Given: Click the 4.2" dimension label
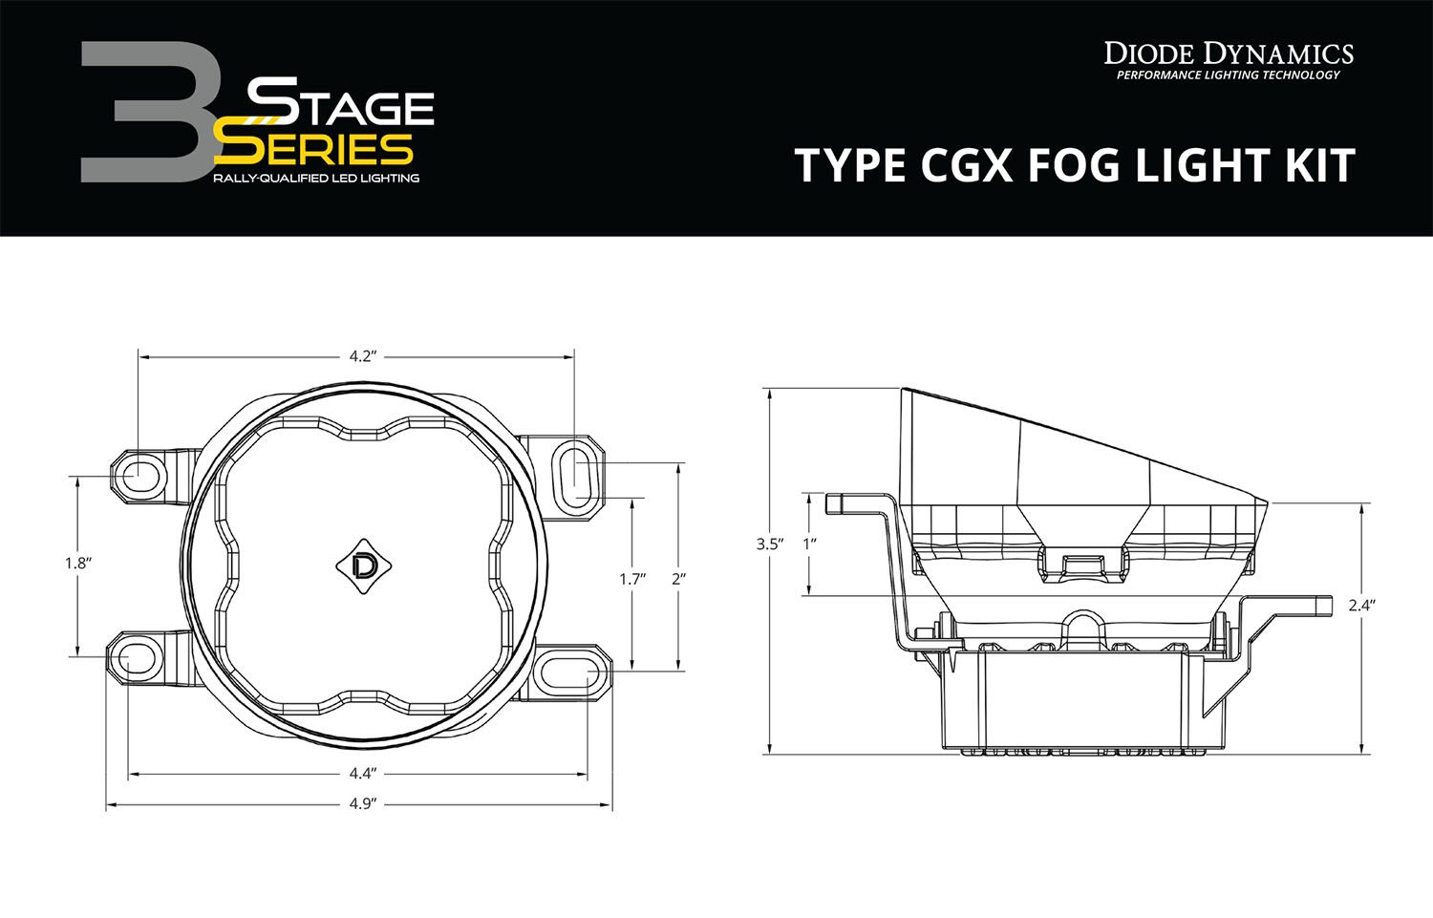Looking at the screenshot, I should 359,357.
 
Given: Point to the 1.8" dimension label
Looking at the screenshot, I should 76,564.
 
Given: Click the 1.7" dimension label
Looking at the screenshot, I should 631,579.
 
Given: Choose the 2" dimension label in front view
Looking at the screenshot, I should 678,579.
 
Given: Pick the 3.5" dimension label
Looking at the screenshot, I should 769,544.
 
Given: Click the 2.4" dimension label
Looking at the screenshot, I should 1361,606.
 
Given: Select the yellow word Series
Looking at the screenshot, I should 313,148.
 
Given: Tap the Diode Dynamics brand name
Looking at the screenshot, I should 1229,53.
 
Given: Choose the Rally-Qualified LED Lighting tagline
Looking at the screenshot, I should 316,179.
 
